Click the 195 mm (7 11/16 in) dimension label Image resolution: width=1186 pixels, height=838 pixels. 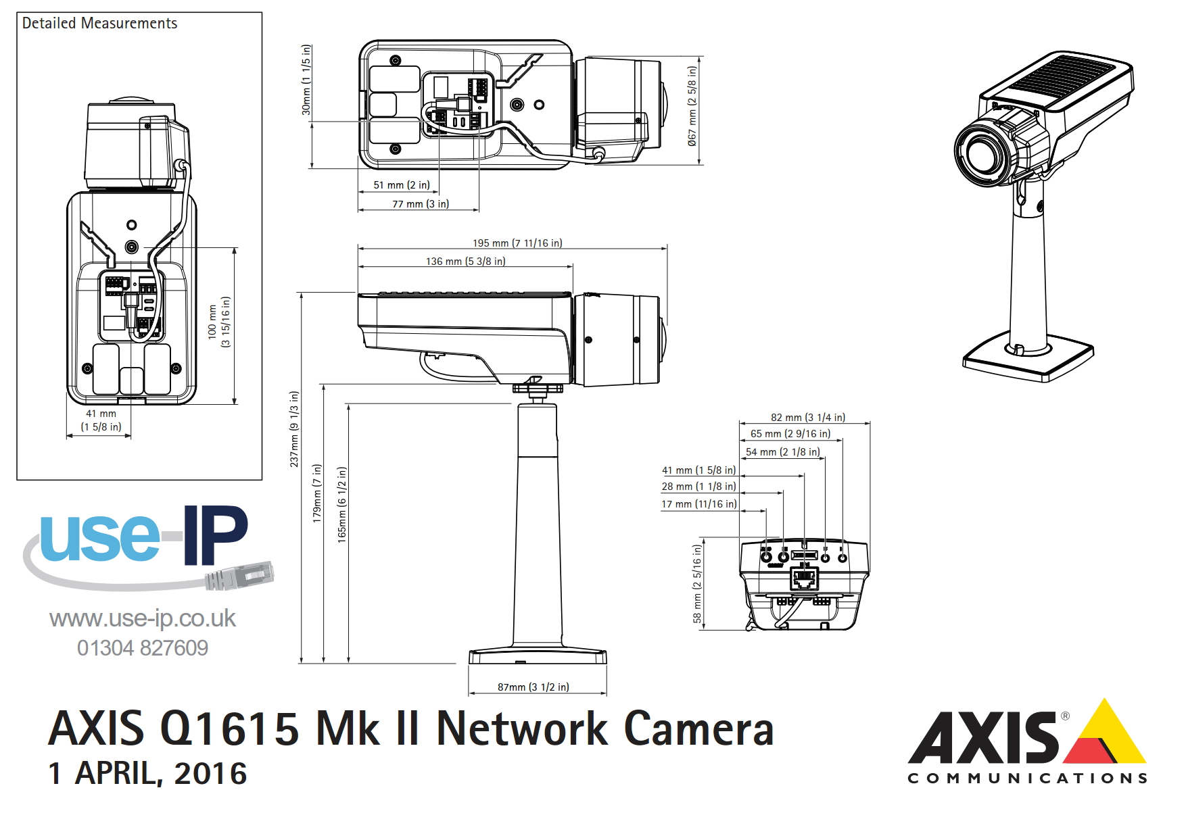(x=517, y=243)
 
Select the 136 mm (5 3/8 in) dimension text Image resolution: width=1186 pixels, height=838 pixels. (x=465, y=262)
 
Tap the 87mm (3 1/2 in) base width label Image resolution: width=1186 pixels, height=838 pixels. (x=533, y=687)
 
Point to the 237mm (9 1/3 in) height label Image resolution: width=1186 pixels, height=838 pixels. (x=294, y=429)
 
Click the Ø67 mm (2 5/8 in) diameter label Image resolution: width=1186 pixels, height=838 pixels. (x=691, y=106)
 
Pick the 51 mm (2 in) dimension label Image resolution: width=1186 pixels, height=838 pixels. (x=401, y=185)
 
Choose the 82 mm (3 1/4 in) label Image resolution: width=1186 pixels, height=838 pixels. (x=807, y=418)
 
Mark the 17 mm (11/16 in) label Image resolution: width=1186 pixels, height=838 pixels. (x=698, y=504)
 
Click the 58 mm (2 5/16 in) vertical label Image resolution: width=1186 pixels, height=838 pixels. (x=697, y=584)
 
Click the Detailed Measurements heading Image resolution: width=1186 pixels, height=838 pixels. (x=99, y=24)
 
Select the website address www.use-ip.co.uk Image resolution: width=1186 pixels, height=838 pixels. (x=143, y=618)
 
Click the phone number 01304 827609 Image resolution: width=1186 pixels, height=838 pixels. (x=143, y=648)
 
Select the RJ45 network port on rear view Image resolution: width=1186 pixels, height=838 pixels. (x=805, y=578)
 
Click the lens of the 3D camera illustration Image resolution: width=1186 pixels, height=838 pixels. (x=981, y=154)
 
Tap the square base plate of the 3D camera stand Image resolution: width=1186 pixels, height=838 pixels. (x=1028, y=362)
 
